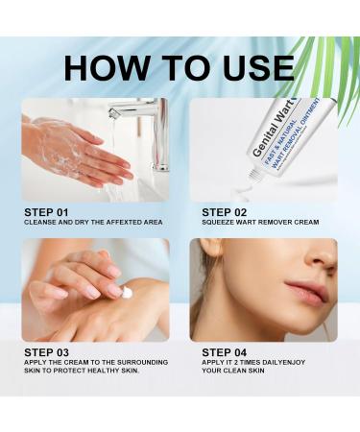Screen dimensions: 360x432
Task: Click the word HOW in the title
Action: [105, 68]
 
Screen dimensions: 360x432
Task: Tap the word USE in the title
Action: [252, 68]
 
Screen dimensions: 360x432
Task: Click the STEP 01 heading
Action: [46, 212]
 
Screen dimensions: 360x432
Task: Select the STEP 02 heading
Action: [225, 212]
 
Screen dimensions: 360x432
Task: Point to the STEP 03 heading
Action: [46, 352]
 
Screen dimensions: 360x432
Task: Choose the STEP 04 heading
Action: [225, 352]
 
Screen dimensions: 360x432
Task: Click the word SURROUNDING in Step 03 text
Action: [143, 363]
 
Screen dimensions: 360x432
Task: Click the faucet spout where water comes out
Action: [113, 113]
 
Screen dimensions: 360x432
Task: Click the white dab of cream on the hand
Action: [127, 293]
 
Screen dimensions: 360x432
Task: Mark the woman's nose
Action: [323, 256]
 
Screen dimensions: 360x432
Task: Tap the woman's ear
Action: [210, 248]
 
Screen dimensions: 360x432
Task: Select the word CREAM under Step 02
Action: [307, 222]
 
